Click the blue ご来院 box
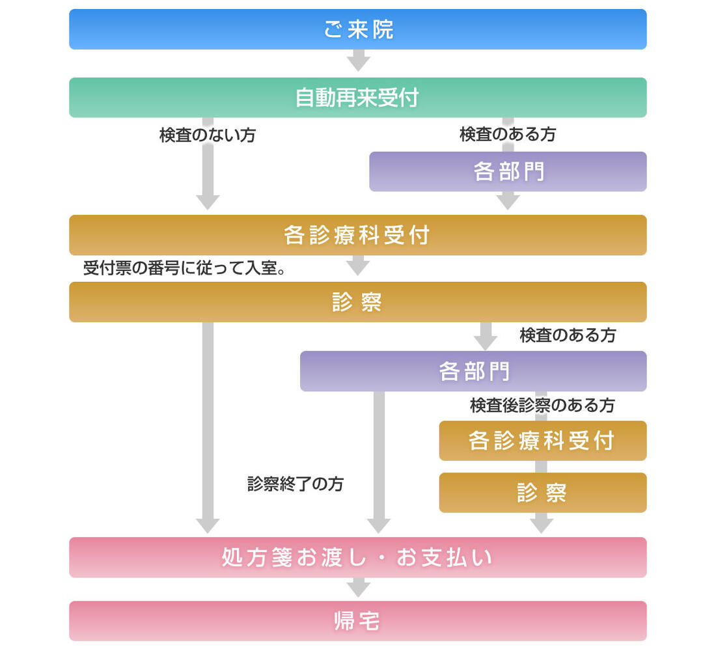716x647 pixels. [357, 29]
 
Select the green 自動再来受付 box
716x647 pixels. [357, 98]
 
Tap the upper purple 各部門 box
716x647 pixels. [508, 171]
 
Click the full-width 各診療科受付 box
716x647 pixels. [357, 235]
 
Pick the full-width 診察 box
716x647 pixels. [357, 302]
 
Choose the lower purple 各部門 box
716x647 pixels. [473, 371]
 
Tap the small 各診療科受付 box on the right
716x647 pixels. [542, 441]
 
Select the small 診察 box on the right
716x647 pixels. [542, 493]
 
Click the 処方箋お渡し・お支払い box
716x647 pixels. [357, 557]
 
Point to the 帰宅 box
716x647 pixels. [357, 621]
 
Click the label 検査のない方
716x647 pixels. [208, 135]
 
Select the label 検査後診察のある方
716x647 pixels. [542, 406]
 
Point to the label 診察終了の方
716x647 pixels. [296, 484]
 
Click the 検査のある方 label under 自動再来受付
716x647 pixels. [508, 135]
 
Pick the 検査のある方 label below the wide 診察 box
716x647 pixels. [568, 336]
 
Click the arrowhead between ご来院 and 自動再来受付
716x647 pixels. [358, 63]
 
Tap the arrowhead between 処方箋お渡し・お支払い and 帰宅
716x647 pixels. [358, 588]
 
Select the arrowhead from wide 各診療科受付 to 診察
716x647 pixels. [358, 267]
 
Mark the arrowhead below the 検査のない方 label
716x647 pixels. [208, 201]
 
